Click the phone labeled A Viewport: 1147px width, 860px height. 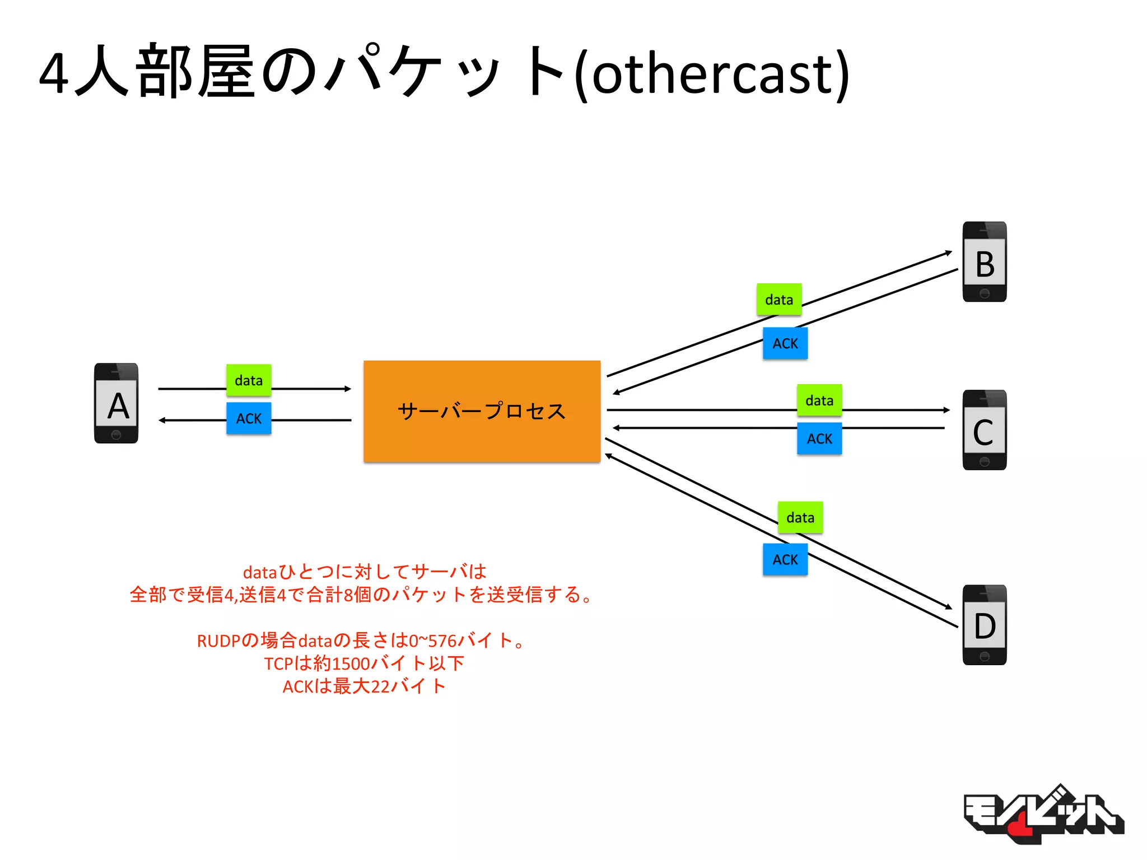pyautogui.click(x=116, y=403)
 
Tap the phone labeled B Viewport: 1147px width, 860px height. pyautogui.click(x=984, y=262)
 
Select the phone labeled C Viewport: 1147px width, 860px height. pyautogui.click(x=984, y=430)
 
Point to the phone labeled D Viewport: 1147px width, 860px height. pyautogui.click(x=984, y=625)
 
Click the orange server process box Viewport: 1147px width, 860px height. pyautogui.click(x=482, y=412)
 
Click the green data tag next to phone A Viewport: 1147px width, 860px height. pyautogui.click(x=249, y=380)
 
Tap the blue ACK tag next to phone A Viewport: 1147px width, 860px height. pyautogui.click(x=249, y=418)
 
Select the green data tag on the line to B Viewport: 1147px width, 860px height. pyautogui.click(x=778, y=300)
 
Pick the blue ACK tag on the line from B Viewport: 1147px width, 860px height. pyautogui.click(x=785, y=343)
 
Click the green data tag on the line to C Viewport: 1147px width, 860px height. pyautogui.click(x=819, y=400)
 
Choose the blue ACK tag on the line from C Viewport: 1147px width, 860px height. pyautogui.click(x=819, y=438)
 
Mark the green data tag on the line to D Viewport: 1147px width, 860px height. pyautogui.click(x=800, y=517)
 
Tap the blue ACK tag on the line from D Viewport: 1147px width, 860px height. pyautogui.click(x=785, y=559)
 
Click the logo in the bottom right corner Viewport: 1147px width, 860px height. pyautogui.click(x=1043, y=815)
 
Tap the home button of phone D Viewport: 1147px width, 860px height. pyautogui.click(x=984, y=656)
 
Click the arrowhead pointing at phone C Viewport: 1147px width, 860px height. pyautogui.click(x=946, y=410)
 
